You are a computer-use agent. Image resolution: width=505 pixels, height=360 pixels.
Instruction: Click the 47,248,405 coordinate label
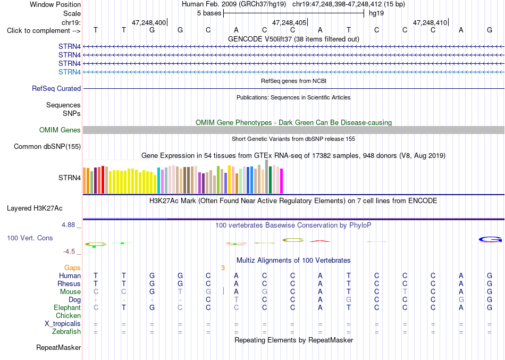289,22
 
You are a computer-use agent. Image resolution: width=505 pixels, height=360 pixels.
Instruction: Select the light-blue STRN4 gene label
70,72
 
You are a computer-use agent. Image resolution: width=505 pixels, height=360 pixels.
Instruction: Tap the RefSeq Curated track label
56,88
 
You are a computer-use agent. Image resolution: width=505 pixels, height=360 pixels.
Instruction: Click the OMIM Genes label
60,130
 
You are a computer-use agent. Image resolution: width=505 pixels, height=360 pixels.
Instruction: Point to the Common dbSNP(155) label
47,146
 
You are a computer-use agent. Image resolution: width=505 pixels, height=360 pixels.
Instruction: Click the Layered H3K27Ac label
35,208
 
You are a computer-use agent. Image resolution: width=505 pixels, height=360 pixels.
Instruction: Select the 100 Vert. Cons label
30,238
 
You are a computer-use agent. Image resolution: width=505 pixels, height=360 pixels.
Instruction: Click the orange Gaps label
72,268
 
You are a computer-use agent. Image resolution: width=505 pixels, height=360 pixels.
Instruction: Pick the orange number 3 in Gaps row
223,268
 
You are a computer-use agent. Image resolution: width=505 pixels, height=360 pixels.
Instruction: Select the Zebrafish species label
66,331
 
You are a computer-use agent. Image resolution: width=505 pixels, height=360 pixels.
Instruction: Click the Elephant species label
68,307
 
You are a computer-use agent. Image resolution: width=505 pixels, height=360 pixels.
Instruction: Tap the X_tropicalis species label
63,324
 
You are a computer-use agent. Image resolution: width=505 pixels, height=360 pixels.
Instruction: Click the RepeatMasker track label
58,347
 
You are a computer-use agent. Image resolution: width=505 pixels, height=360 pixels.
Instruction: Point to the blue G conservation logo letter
490,239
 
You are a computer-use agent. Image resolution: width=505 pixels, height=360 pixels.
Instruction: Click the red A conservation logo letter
320,241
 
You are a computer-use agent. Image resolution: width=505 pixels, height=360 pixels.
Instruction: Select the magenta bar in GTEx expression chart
282,181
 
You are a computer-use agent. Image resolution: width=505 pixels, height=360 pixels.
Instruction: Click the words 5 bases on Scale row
209,13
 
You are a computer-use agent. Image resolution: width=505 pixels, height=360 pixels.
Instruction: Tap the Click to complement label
44,31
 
